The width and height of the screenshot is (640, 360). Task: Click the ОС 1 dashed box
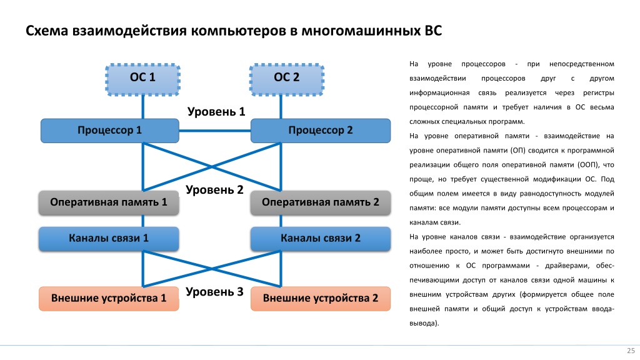pos(143,79)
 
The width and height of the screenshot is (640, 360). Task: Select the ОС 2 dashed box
pos(287,79)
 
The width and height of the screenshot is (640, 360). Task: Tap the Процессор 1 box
pos(110,131)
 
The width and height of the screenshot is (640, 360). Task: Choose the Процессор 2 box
pos(321,131)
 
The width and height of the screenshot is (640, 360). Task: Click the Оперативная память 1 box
pos(109,202)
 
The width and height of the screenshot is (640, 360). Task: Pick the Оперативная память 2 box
pos(321,202)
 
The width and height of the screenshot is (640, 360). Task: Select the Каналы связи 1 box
pos(109,238)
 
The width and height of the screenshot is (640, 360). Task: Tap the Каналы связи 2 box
pos(321,238)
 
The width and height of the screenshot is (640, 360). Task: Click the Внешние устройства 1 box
pos(109,298)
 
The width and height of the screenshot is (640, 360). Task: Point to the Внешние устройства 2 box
pos(321,298)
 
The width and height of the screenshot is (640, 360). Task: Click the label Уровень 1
pos(216,111)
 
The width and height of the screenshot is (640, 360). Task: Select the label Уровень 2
pos(214,190)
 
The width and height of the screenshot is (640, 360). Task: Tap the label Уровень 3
pos(214,292)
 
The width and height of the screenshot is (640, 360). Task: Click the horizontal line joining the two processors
pos(215,131)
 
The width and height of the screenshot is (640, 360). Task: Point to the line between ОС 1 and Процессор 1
pos(143,107)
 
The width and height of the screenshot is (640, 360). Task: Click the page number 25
pos(631,351)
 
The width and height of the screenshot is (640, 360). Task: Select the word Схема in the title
pos(46,31)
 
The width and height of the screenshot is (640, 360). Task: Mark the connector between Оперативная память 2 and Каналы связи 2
pos(281,221)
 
